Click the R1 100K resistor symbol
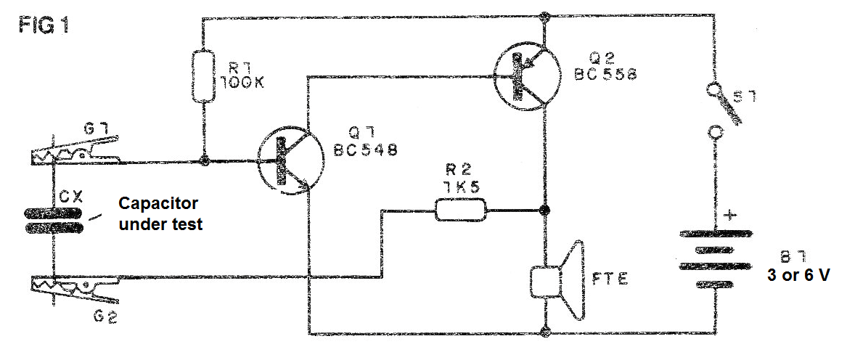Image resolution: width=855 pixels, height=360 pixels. (x=202, y=75)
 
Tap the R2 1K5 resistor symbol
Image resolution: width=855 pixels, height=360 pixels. (x=460, y=210)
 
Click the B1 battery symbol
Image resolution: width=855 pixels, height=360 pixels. (x=714, y=260)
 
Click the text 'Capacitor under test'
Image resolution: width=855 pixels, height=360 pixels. (x=160, y=214)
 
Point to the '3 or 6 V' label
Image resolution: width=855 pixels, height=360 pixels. (x=798, y=276)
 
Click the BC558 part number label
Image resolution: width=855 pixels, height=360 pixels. (x=606, y=74)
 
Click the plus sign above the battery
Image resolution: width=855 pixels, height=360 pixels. (x=728, y=216)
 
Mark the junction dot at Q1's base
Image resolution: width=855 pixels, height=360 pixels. (x=205, y=161)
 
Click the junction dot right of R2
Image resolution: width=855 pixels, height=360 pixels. (x=543, y=210)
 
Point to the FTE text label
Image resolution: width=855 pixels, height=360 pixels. (x=610, y=280)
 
